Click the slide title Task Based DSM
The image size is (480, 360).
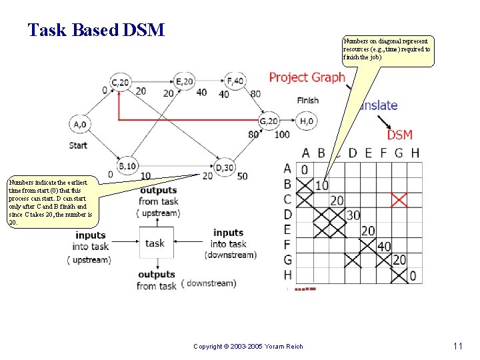click(96, 30)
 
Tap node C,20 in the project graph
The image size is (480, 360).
click(121, 82)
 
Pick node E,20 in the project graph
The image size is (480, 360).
click(186, 81)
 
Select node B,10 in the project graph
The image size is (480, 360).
click(127, 165)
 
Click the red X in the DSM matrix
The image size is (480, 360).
click(399, 199)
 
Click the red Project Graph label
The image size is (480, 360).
click(307, 77)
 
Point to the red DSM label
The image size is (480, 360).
click(399, 134)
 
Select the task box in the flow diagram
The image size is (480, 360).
click(155, 243)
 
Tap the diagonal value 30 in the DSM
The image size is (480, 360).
click(353, 215)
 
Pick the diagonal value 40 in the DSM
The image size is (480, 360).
click(384, 246)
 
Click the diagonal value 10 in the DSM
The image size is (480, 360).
click(322, 185)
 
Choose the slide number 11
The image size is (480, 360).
click(457, 346)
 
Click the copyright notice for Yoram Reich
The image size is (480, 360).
click(247, 347)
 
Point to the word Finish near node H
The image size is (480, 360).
click(307, 101)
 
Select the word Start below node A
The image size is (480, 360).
click(78, 145)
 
